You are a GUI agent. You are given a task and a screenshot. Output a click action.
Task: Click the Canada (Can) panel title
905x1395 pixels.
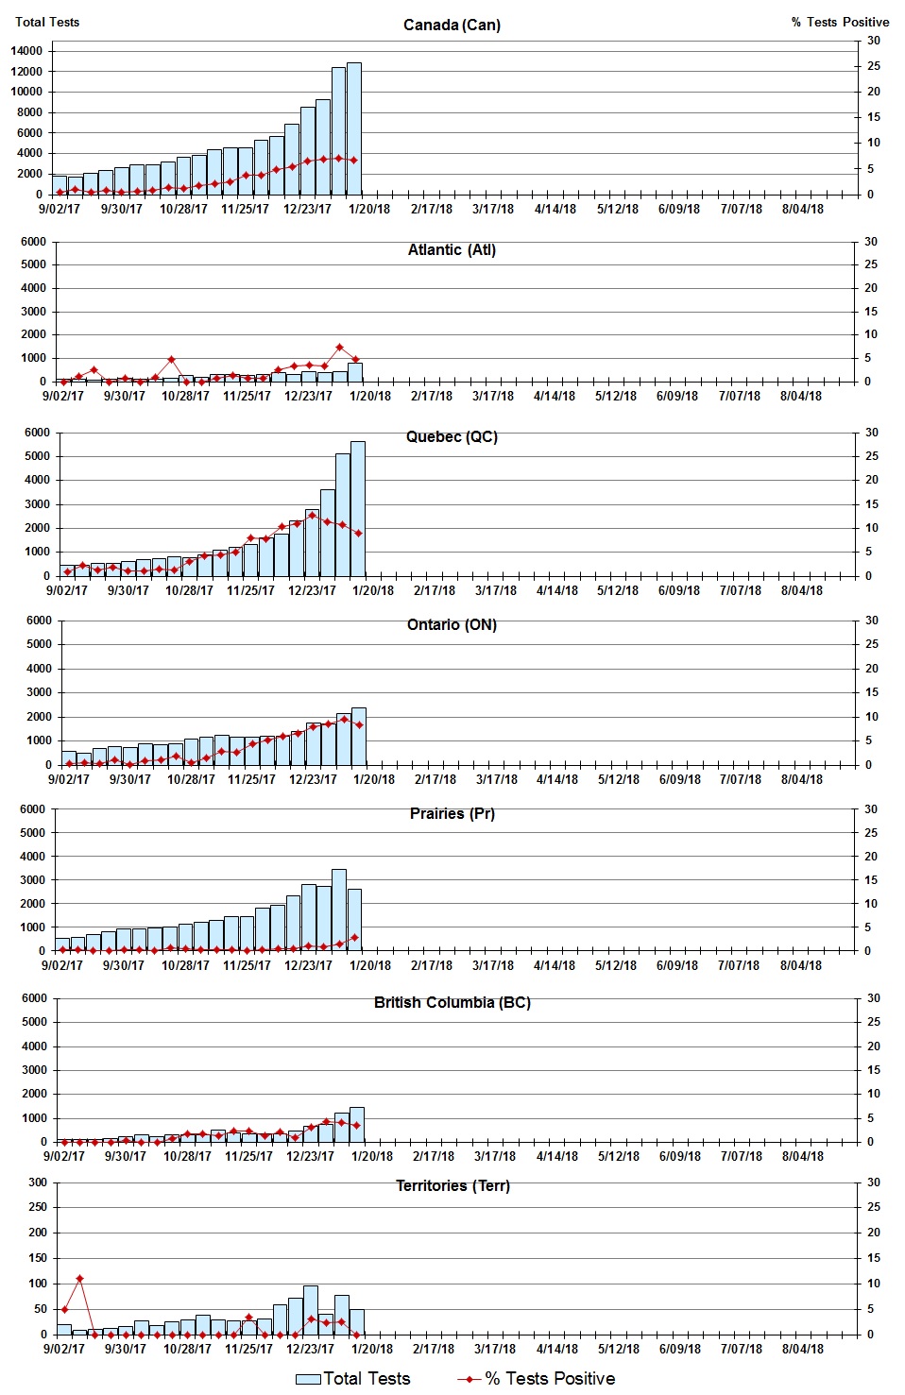[452, 26]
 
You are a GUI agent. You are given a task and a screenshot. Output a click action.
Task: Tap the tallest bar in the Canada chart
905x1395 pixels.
[354, 128]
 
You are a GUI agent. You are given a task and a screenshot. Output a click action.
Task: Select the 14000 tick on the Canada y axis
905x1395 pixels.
[26, 51]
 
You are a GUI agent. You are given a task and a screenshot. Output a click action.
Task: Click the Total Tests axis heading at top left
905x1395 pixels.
[47, 22]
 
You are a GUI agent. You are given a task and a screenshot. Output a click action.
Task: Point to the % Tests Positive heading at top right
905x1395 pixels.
[840, 22]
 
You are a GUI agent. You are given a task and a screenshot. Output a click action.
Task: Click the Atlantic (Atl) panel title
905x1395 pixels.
[452, 250]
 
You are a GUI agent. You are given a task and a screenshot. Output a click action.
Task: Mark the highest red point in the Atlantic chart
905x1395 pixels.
[340, 348]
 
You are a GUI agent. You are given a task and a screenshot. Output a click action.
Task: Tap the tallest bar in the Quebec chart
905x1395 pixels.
[358, 508]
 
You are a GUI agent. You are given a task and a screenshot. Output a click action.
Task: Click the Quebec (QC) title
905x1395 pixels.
[452, 437]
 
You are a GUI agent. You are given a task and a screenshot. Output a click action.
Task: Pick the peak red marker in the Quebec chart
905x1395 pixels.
[313, 515]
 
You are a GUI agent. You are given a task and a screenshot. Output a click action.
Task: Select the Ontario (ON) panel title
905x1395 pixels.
[452, 625]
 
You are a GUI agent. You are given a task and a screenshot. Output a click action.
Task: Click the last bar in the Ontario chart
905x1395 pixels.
[359, 737]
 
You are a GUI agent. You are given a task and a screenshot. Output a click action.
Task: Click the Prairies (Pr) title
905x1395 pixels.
[452, 814]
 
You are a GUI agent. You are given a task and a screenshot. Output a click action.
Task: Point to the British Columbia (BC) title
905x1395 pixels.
[452, 1003]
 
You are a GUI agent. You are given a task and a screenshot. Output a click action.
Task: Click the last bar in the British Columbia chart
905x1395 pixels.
[357, 1125]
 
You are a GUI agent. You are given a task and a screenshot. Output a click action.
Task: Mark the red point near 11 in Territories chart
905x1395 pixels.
[80, 1279]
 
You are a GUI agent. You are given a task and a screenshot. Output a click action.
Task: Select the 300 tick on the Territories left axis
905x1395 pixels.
[37, 1182]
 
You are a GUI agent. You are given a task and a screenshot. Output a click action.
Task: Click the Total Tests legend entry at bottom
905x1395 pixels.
[353, 1379]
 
